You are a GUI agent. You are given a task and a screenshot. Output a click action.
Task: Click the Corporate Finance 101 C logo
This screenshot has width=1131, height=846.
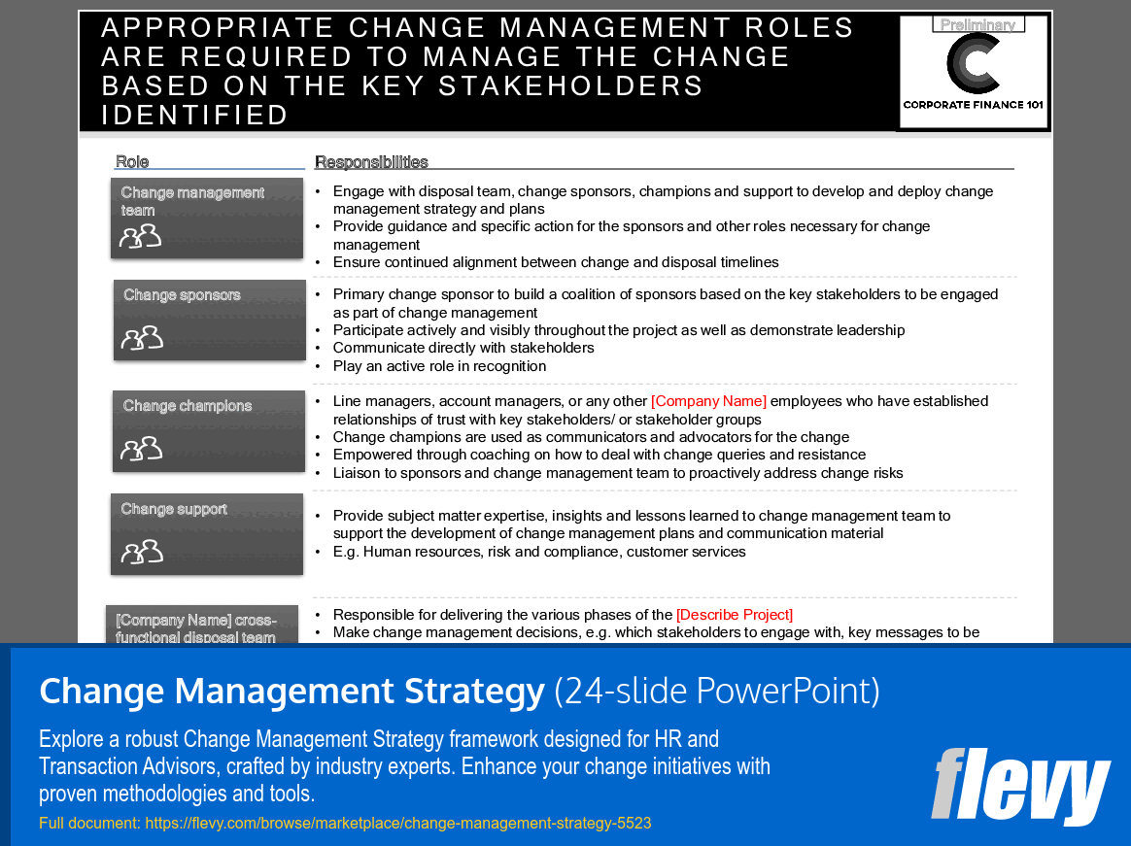pos(974,64)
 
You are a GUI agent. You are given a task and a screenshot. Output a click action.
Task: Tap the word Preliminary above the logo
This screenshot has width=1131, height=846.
pos(977,25)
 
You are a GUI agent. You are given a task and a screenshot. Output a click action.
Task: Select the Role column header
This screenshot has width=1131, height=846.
pos(132,162)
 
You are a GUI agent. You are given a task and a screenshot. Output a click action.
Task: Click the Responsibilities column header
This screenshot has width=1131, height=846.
pos(371,162)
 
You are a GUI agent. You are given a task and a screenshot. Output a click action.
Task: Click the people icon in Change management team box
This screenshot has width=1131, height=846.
pos(140,236)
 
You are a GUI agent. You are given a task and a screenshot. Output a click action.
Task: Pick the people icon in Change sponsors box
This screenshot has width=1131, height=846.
pos(142,337)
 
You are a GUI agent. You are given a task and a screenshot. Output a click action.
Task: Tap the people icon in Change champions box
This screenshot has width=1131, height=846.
pos(142,448)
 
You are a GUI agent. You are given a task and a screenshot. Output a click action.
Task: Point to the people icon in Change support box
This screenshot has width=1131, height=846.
pos(142,552)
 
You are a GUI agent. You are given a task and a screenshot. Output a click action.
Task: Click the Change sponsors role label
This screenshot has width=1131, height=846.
pos(182,295)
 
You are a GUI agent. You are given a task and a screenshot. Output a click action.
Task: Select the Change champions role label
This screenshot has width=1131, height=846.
pos(188,406)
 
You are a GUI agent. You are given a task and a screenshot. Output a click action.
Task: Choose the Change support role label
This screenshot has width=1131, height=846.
pos(174,509)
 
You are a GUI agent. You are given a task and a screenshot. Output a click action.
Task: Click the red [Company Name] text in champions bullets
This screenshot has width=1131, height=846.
pos(708,401)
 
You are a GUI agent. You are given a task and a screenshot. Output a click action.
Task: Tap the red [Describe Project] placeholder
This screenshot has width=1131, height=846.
pos(735,615)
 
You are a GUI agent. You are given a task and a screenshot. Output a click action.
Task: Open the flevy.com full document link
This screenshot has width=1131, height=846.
pos(398,824)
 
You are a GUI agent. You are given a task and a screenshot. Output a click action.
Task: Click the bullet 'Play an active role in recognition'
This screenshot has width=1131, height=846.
pos(439,366)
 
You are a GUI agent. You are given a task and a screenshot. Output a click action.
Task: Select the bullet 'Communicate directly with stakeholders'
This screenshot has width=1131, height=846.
pos(463,348)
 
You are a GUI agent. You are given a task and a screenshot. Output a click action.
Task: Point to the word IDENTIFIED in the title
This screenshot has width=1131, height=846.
pos(195,115)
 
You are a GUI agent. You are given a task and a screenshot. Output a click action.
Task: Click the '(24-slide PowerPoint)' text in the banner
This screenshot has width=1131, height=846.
pos(717,692)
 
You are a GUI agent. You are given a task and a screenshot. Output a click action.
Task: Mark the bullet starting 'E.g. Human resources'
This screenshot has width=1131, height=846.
pos(539,552)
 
